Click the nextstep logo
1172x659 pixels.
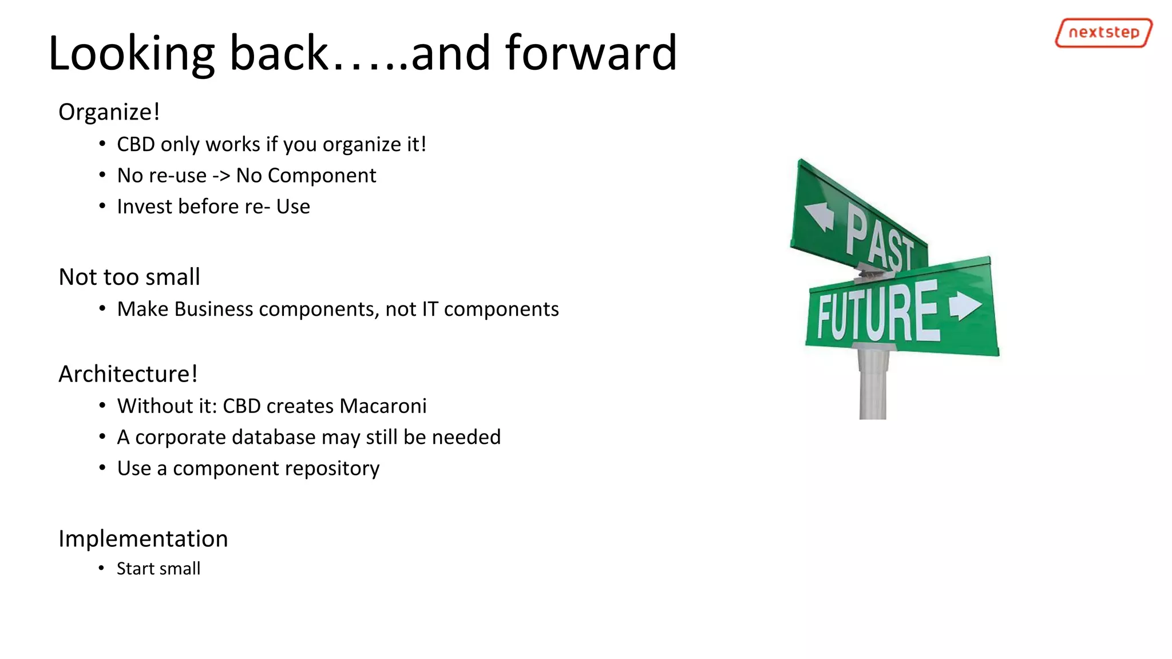[1103, 33]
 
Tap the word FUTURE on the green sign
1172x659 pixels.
[878, 312]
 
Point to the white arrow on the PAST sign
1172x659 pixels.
[819, 216]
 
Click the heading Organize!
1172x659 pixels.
[109, 112]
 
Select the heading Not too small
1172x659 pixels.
[129, 277]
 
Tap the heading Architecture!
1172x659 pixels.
[128, 374]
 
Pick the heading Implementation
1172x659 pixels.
[143, 539]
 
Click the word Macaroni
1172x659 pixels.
[383, 406]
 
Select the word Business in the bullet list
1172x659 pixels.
[213, 309]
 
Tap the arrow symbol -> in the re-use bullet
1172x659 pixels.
[221, 176]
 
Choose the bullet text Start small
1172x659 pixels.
[159, 569]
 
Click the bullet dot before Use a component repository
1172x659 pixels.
[102, 468]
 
